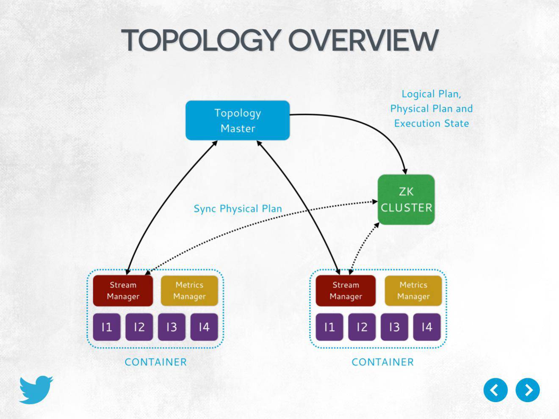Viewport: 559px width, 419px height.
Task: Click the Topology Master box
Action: click(x=238, y=120)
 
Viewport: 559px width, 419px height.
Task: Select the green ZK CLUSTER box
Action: click(x=406, y=200)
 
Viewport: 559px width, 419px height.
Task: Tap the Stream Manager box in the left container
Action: click(x=123, y=290)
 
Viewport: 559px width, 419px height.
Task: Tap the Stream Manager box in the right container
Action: click(x=346, y=290)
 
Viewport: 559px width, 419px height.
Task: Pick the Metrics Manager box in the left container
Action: click(x=189, y=290)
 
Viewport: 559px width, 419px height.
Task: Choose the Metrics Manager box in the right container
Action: click(x=413, y=290)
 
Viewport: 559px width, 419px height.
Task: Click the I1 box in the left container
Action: click(x=107, y=327)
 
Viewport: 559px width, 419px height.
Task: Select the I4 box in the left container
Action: click(x=204, y=327)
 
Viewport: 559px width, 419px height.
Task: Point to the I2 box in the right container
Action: click(x=362, y=327)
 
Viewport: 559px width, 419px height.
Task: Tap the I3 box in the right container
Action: click(x=395, y=327)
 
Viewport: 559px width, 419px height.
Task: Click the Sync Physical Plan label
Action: click(x=238, y=209)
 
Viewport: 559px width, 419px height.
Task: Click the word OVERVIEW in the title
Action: click(x=363, y=40)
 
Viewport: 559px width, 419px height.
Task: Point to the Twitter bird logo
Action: click(x=36, y=389)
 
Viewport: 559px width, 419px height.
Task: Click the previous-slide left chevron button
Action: click(x=495, y=390)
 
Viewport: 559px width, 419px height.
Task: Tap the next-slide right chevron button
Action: click(x=528, y=390)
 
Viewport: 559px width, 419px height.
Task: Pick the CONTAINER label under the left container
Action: click(x=155, y=362)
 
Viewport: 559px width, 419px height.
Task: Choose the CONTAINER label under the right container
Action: click(x=382, y=362)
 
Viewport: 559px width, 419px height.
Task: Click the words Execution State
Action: click(x=432, y=124)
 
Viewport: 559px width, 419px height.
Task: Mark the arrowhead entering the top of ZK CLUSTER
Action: click(x=405, y=171)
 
